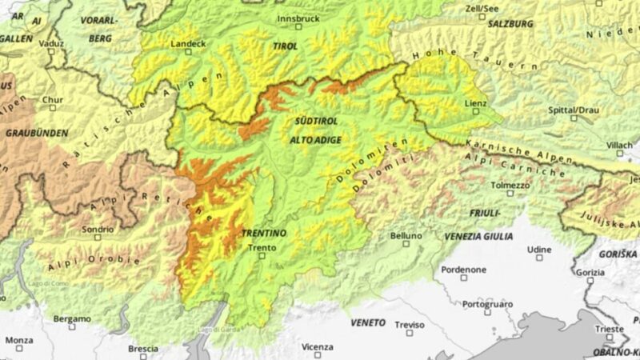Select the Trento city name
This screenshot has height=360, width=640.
click(262, 247)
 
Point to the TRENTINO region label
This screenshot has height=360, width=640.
click(263, 233)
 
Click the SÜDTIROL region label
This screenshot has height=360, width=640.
click(315, 121)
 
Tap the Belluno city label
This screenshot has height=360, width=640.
click(406, 236)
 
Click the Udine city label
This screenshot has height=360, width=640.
click(539, 249)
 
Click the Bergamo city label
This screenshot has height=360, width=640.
click(71, 318)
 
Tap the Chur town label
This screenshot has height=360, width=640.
click(52, 100)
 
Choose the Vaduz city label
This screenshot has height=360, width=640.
click(51, 43)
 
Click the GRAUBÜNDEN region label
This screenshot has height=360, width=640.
click(37, 132)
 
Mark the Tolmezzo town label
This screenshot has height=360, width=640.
click(510, 185)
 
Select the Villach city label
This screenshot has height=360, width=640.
click(618, 145)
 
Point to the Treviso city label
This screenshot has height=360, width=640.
click(409, 324)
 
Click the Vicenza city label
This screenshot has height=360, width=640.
click(318, 346)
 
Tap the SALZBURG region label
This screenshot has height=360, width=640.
click(510, 24)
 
